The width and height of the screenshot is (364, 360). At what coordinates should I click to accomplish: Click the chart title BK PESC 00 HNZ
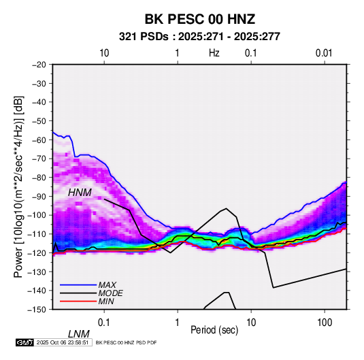(x=200, y=19)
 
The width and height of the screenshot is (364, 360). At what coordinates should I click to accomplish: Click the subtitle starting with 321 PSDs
(x=199, y=37)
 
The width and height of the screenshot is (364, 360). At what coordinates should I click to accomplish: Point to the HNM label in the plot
(x=80, y=193)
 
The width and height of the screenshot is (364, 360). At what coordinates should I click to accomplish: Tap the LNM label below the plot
(x=79, y=334)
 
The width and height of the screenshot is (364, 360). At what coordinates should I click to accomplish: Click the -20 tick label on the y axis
(x=39, y=65)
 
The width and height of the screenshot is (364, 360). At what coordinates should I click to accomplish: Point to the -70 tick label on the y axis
(x=39, y=159)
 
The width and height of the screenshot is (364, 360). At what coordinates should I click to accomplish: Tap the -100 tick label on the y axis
(x=37, y=215)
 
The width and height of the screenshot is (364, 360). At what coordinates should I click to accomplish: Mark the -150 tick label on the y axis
(x=37, y=310)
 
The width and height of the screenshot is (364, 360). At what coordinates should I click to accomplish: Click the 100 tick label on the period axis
(x=325, y=323)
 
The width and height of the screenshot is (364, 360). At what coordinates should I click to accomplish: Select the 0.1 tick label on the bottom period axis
(x=104, y=323)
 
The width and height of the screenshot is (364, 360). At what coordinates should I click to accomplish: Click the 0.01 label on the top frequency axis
(x=324, y=53)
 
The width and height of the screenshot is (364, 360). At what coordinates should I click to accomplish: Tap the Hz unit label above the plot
(x=214, y=53)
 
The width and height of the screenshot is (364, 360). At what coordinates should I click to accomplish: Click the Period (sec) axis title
(x=214, y=330)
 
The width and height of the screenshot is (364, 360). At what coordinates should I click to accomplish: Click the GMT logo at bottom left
(x=24, y=342)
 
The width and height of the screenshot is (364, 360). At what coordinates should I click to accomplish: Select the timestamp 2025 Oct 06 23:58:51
(x=63, y=342)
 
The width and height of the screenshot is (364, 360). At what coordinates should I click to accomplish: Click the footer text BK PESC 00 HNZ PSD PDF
(x=126, y=342)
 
